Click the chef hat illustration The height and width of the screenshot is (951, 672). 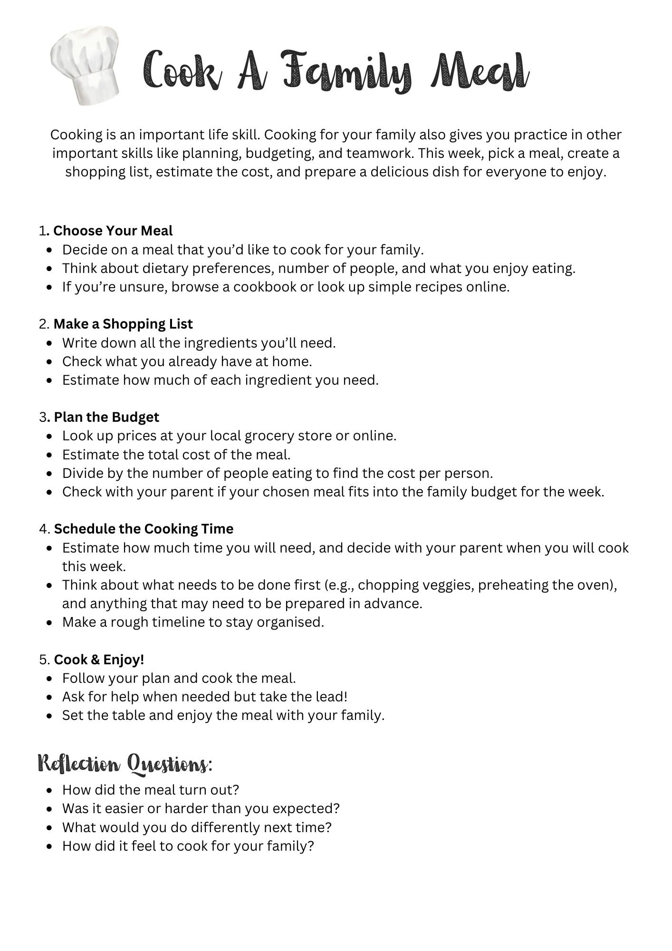[86, 64]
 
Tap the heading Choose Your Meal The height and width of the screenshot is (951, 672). [113, 231]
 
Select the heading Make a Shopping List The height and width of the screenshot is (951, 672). [123, 324]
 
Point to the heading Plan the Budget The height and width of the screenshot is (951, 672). [106, 417]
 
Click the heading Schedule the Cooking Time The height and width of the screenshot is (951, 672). [144, 529]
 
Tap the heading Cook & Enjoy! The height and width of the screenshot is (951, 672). [99, 660]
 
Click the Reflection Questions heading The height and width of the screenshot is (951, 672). [125, 764]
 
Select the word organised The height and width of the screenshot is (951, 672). [290, 622]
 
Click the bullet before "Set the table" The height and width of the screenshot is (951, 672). [50, 716]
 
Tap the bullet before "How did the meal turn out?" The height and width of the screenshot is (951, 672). [50, 790]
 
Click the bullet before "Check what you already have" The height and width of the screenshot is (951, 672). [50, 362]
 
